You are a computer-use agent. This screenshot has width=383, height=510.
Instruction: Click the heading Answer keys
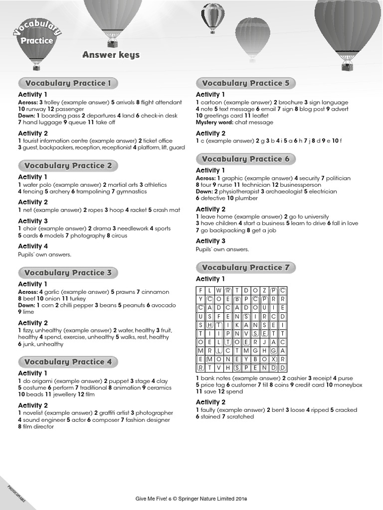click(x=111, y=55)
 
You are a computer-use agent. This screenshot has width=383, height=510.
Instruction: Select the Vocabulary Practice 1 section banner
click(x=68, y=83)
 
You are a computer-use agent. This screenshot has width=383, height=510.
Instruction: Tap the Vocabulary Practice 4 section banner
click(x=68, y=362)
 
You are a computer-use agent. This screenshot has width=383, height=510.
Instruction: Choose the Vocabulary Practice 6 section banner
click(x=245, y=159)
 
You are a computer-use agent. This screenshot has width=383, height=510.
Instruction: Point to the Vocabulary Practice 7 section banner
click(x=245, y=267)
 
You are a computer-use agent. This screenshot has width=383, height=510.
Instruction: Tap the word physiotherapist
click(x=234, y=191)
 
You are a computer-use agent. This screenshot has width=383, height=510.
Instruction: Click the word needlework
click(x=135, y=229)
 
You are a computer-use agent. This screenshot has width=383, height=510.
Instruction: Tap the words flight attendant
click(x=162, y=102)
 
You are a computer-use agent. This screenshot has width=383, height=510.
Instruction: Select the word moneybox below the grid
click(x=348, y=385)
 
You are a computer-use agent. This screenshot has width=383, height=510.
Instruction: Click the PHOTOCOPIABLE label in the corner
click(x=16, y=493)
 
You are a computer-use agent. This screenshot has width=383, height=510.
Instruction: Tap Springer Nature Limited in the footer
click(x=210, y=498)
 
